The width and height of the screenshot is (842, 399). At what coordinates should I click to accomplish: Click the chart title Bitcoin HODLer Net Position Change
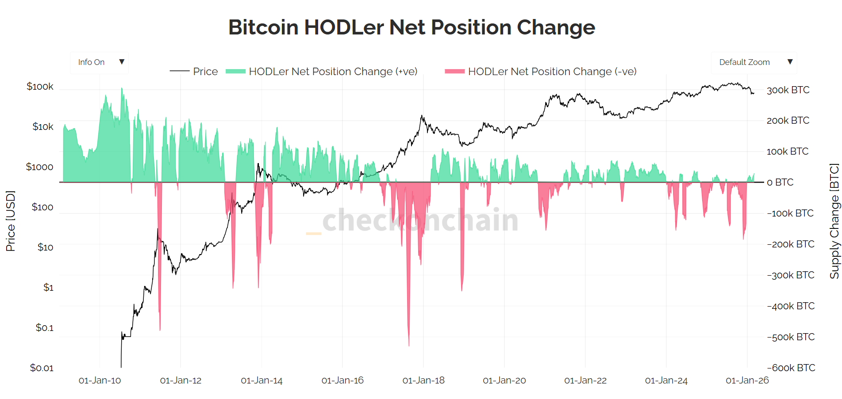pyautogui.click(x=411, y=27)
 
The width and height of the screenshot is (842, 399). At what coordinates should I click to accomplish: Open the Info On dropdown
pyautogui.click(x=99, y=62)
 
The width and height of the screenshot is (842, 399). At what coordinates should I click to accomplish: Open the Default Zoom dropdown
pyautogui.click(x=754, y=62)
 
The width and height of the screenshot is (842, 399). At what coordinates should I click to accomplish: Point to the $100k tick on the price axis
pyautogui.click(x=40, y=87)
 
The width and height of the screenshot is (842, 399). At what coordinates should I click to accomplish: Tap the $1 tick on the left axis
pyautogui.click(x=48, y=288)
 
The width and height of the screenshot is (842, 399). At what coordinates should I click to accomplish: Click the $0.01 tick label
pyautogui.click(x=42, y=368)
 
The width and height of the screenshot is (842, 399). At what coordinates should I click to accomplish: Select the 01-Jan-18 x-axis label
pyautogui.click(x=423, y=380)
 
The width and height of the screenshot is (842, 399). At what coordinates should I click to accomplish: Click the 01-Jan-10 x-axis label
pyautogui.click(x=100, y=380)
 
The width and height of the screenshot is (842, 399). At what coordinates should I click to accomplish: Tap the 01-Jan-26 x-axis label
pyautogui.click(x=747, y=380)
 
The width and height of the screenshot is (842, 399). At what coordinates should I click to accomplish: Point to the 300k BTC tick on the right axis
pyautogui.click(x=788, y=90)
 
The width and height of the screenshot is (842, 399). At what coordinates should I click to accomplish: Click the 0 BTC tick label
pyautogui.click(x=780, y=182)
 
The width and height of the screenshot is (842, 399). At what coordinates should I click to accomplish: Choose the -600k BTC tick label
pyautogui.click(x=791, y=368)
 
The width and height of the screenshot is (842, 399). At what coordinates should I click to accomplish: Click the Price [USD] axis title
pyautogui.click(x=11, y=221)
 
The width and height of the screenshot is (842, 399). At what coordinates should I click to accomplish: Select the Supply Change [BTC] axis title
pyautogui.click(x=834, y=221)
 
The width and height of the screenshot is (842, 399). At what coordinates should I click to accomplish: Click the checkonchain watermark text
pyautogui.click(x=420, y=220)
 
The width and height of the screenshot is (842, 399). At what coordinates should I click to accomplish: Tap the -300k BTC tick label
pyautogui.click(x=791, y=275)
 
